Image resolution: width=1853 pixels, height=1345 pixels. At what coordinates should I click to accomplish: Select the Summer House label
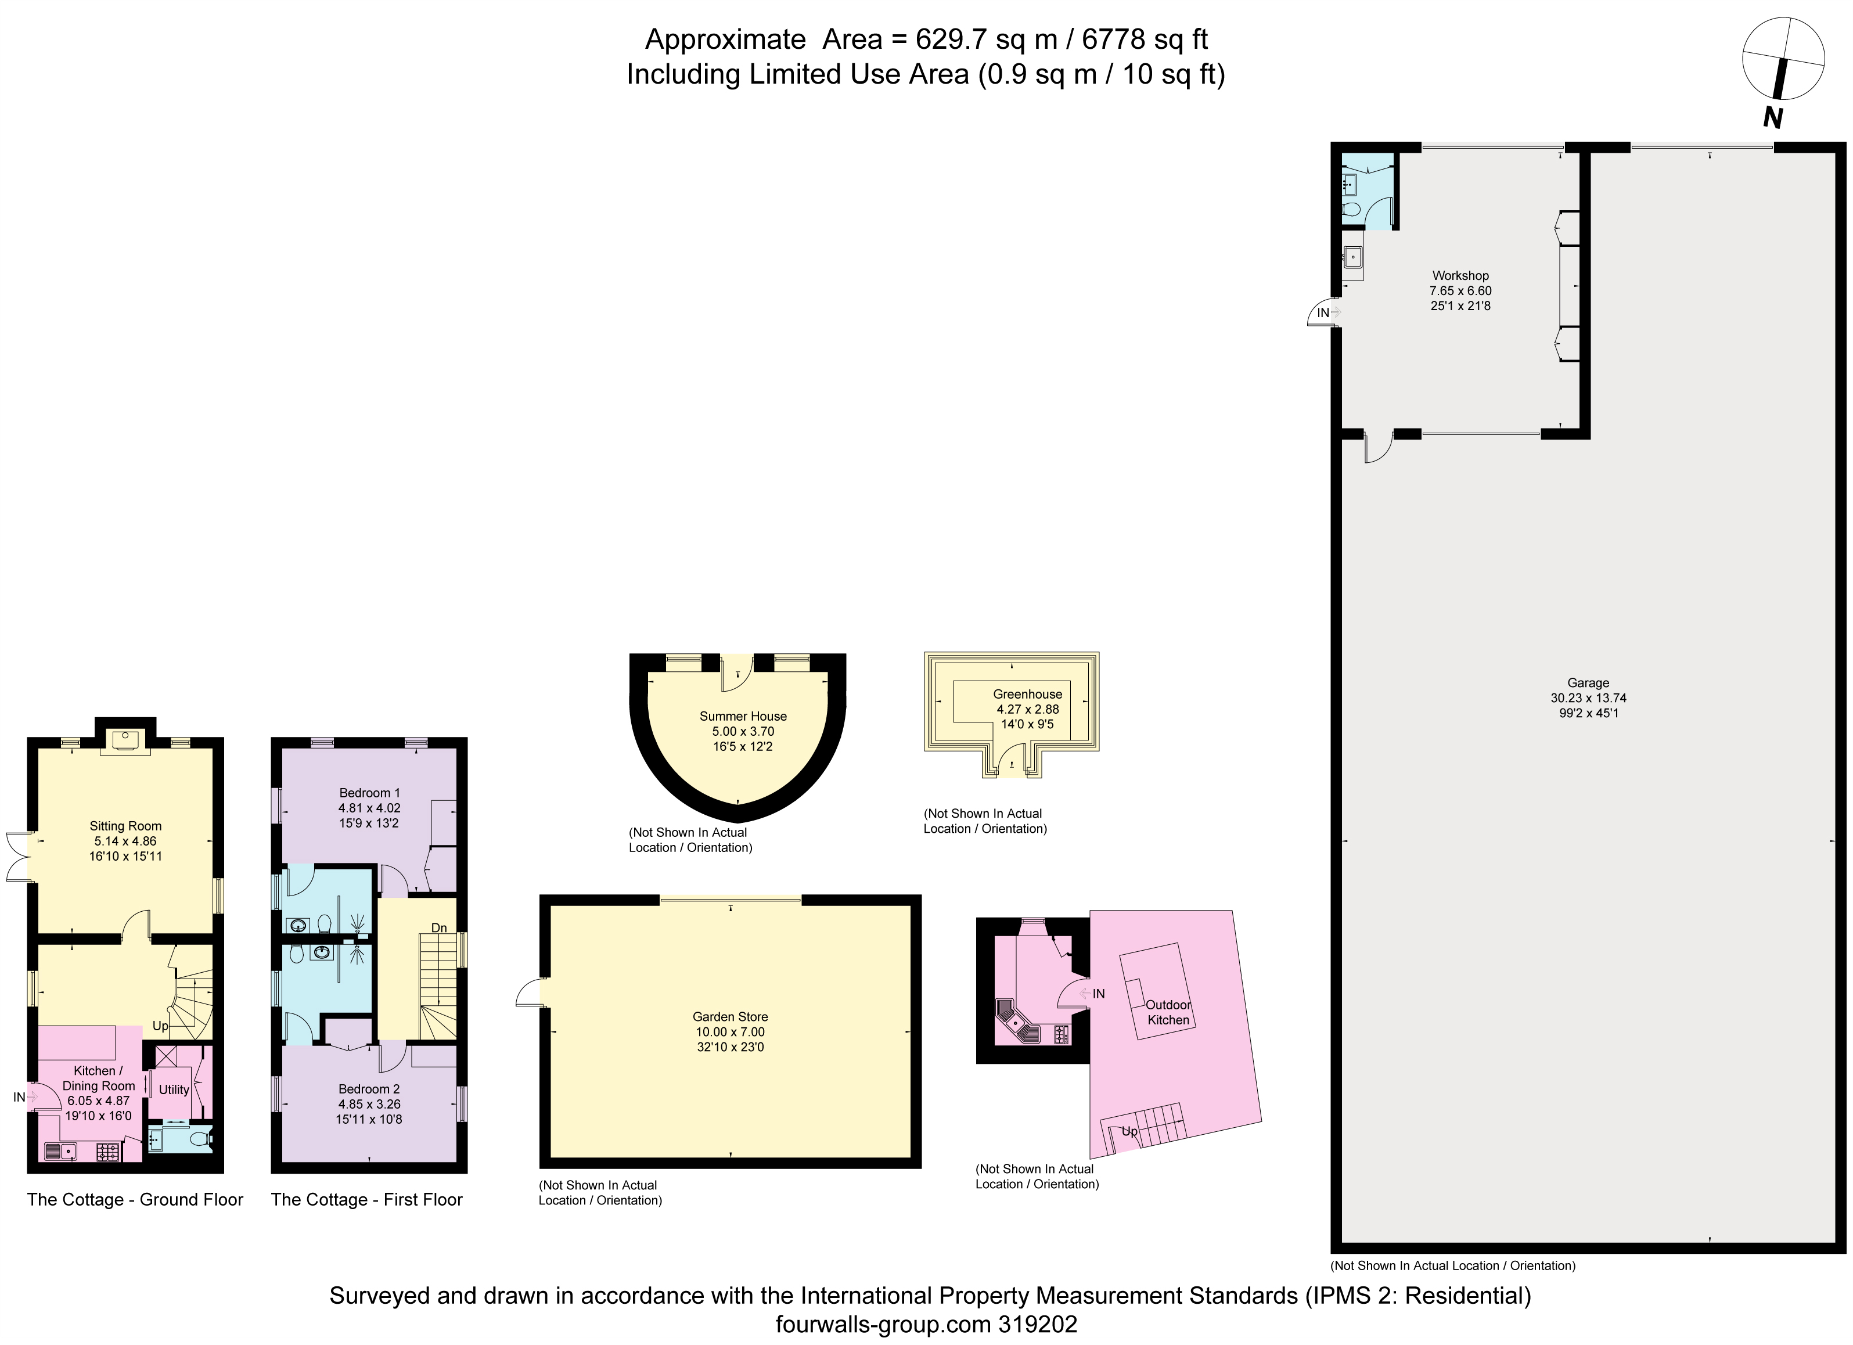point(743,717)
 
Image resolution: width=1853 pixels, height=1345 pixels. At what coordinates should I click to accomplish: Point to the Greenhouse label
point(1027,695)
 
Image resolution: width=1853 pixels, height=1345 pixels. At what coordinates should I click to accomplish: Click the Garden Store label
point(729,1016)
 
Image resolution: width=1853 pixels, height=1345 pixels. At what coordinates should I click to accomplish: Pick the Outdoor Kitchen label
point(1168,1012)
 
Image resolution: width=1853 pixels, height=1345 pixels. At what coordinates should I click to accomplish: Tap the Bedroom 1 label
point(369,793)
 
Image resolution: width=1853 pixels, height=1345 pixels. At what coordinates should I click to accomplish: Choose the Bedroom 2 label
point(369,1088)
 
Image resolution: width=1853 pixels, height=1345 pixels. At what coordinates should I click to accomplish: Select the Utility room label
point(173,1089)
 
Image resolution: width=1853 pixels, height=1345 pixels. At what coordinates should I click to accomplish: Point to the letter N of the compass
point(1771,118)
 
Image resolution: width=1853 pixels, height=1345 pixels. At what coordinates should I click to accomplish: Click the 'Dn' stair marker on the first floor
point(439,928)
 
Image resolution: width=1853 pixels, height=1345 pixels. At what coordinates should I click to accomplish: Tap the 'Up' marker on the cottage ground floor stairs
point(160,1026)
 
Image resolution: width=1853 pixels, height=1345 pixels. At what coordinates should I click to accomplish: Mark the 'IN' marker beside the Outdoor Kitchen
point(1098,994)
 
